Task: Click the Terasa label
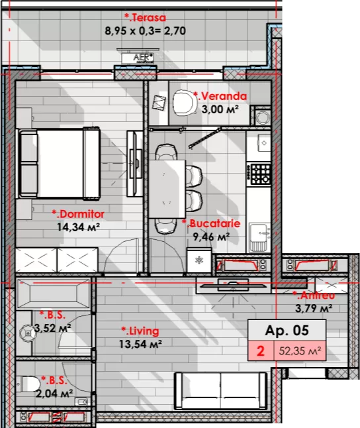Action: [145, 18]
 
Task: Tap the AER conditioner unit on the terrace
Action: [138, 57]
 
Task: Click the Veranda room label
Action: [220, 96]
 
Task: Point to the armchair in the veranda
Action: [185, 103]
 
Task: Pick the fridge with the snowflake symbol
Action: [199, 260]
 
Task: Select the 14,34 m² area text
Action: [78, 227]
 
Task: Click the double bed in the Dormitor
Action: [58, 163]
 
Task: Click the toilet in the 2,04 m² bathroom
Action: [28, 384]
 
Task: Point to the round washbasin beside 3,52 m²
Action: [26, 333]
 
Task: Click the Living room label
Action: [140, 331]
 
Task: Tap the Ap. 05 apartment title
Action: [287, 331]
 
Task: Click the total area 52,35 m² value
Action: [300, 350]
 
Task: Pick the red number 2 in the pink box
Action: [261, 350]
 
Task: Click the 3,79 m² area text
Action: [314, 309]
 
